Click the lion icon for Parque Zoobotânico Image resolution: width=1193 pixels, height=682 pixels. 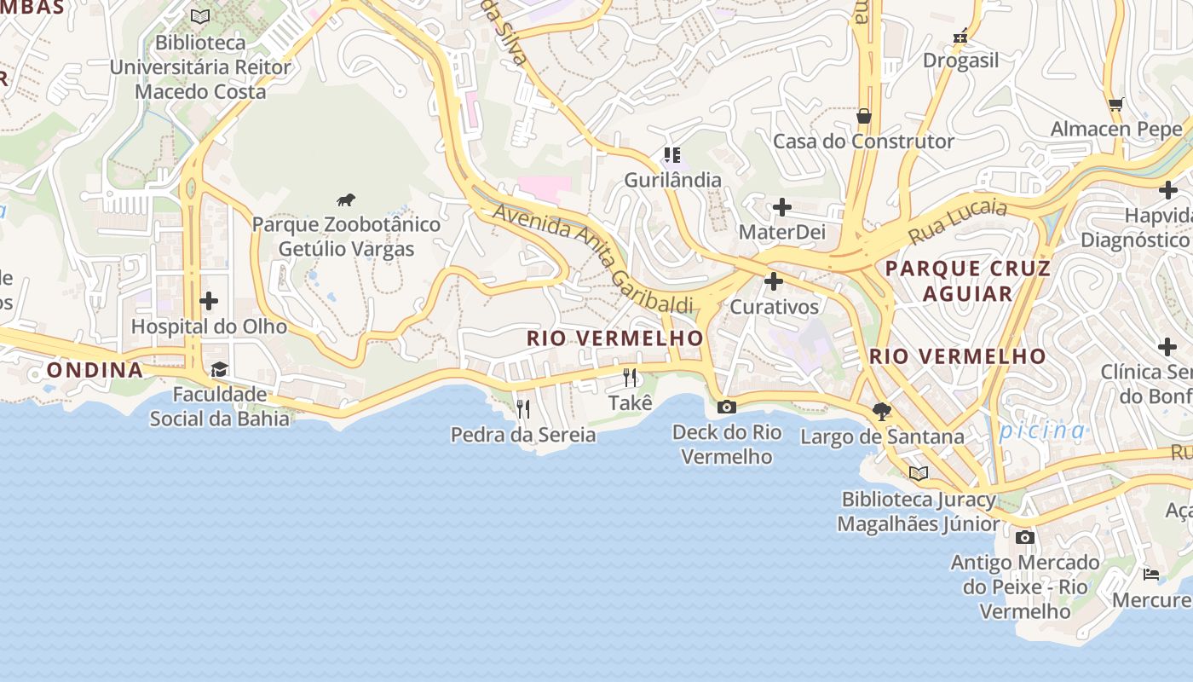(x=345, y=200)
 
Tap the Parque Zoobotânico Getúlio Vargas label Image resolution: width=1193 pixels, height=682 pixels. (x=346, y=237)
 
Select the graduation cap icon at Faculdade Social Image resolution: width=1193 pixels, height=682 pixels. (x=220, y=369)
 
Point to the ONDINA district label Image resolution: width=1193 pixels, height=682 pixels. (x=95, y=370)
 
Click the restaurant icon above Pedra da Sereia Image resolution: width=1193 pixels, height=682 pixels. (x=523, y=409)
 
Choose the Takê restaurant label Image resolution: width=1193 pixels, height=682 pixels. (x=631, y=402)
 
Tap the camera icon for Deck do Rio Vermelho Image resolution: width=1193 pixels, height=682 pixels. (x=726, y=407)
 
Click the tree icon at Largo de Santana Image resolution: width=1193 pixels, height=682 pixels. (x=882, y=412)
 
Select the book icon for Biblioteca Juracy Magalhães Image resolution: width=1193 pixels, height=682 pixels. (x=918, y=473)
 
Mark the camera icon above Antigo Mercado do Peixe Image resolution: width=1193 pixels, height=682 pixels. (x=1025, y=537)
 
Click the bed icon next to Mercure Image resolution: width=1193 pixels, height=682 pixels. (x=1151, y=574)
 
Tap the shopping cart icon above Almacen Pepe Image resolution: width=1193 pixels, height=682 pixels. (x=1115, y=104)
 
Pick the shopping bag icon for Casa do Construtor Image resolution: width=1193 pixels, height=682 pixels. (x=864, y=116)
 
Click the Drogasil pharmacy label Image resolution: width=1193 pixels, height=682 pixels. (x=960, y=61)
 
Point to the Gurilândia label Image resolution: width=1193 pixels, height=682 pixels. (x=672, y=180)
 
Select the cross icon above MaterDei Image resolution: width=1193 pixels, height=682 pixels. (x=781, y=207)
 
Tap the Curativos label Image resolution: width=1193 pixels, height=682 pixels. (x=774, y=307)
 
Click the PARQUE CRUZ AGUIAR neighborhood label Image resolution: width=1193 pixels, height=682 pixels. (x=967, y=280)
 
